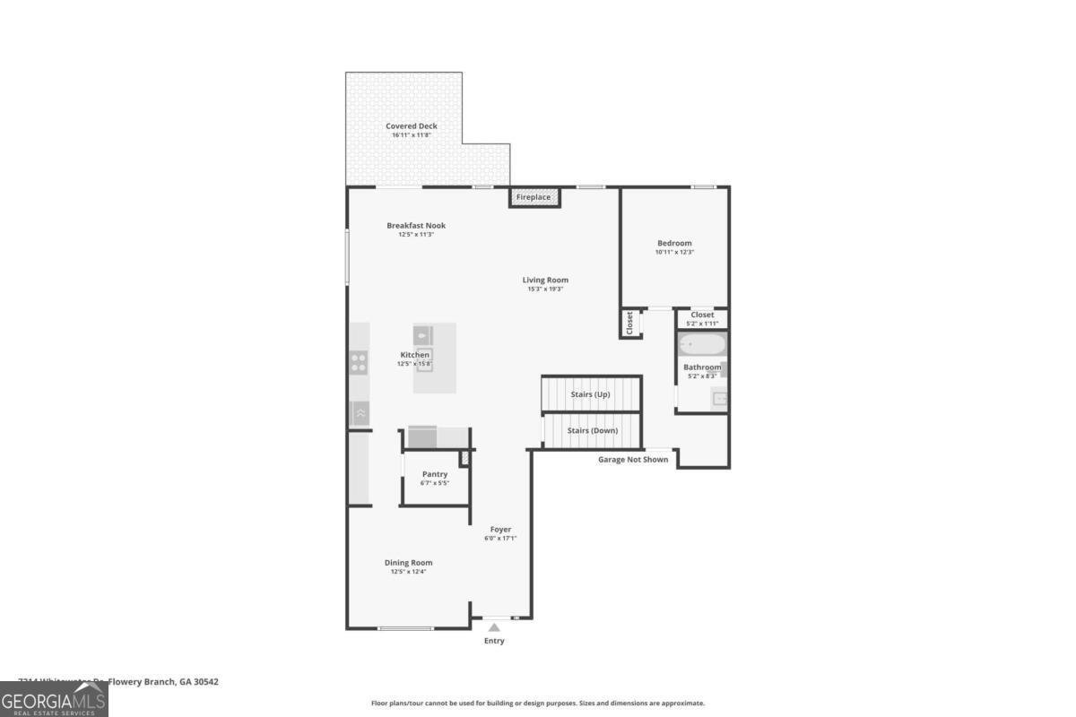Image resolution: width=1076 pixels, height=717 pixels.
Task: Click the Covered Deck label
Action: point(412,126)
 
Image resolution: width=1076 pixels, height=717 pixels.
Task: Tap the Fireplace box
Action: point(534,197)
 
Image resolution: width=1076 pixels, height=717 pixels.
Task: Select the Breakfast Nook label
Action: point(416,226)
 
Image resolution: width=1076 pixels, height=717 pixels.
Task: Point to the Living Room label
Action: point(545,281)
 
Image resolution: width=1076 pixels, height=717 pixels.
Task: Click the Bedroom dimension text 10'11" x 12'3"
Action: point(674,253)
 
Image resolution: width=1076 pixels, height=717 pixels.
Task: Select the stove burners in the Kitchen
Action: point(358,363)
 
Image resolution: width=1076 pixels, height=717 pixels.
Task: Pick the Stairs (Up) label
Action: point(590,394)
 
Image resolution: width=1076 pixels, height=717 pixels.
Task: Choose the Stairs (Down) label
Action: point(592,430)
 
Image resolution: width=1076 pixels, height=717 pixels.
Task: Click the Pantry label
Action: point(434,474)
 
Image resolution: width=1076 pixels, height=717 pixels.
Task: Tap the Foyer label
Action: point(500,530)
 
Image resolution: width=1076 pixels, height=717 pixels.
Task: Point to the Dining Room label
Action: point(408,563)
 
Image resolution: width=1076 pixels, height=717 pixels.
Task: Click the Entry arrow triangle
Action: point(494,627)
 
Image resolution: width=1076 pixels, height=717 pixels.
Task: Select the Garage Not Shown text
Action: point(633,460)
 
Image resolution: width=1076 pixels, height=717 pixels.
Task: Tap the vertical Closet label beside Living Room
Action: point(629,323)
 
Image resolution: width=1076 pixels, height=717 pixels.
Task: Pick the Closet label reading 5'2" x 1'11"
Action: point(702,324)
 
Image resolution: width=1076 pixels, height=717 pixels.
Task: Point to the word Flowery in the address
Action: point(127,682)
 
